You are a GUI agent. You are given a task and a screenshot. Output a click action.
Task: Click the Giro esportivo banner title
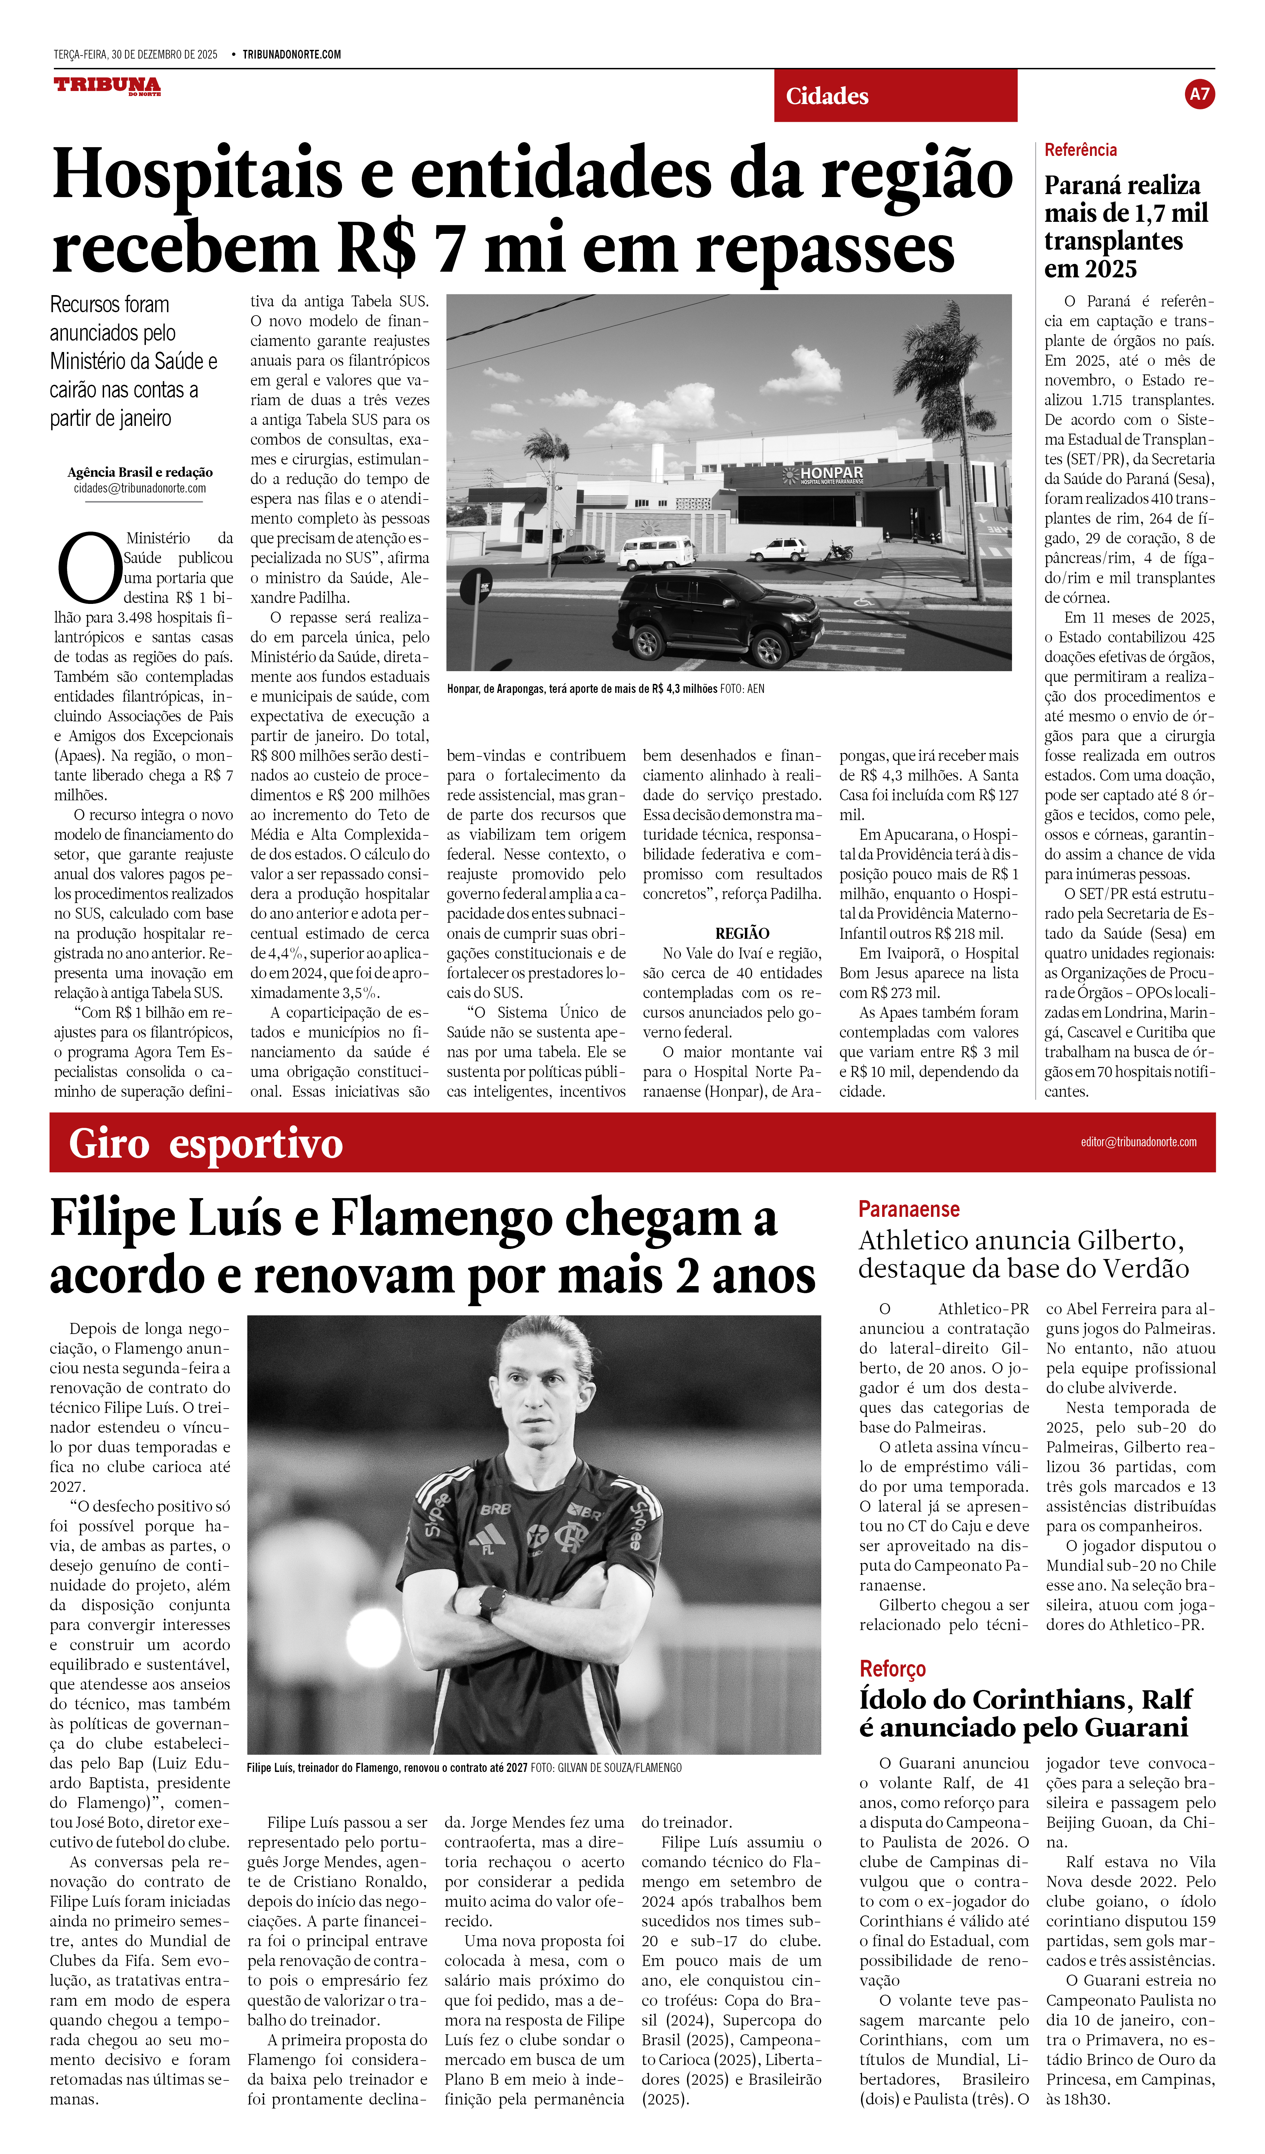coord(205,1144)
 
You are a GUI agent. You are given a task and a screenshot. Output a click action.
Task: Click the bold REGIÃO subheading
coord(742,933)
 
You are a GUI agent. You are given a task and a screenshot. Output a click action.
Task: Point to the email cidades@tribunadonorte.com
coord(140,489)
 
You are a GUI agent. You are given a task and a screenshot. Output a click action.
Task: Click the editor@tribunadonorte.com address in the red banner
coord(1138,1142)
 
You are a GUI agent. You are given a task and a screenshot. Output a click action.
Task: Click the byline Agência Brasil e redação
coord(140,472)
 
